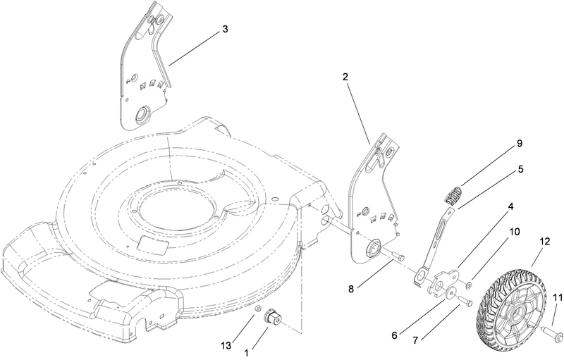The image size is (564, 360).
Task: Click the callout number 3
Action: [224, 30]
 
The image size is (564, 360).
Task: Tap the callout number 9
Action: [519, 144]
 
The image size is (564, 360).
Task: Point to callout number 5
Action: [519, 170]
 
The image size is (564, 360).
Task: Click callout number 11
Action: [557, 299]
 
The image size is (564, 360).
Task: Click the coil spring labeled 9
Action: [455, 191]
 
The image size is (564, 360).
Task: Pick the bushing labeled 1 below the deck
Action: [271, 319]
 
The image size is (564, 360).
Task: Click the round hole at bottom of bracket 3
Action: [143, 113]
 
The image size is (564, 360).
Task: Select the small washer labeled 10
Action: [469, 286]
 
